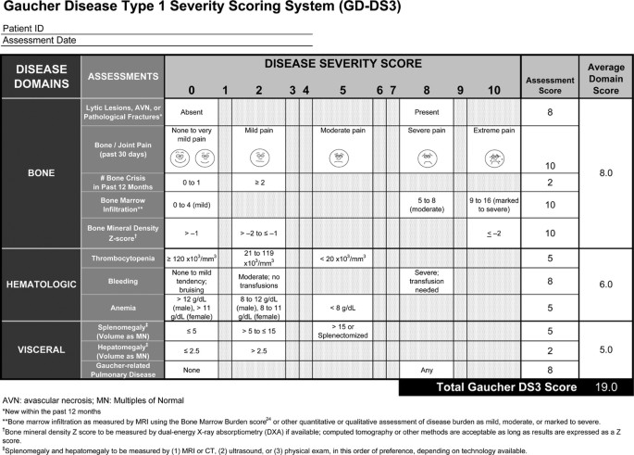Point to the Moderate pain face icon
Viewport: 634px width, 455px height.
tap(342, 158)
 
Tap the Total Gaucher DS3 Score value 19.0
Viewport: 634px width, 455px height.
tap(604, 385)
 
